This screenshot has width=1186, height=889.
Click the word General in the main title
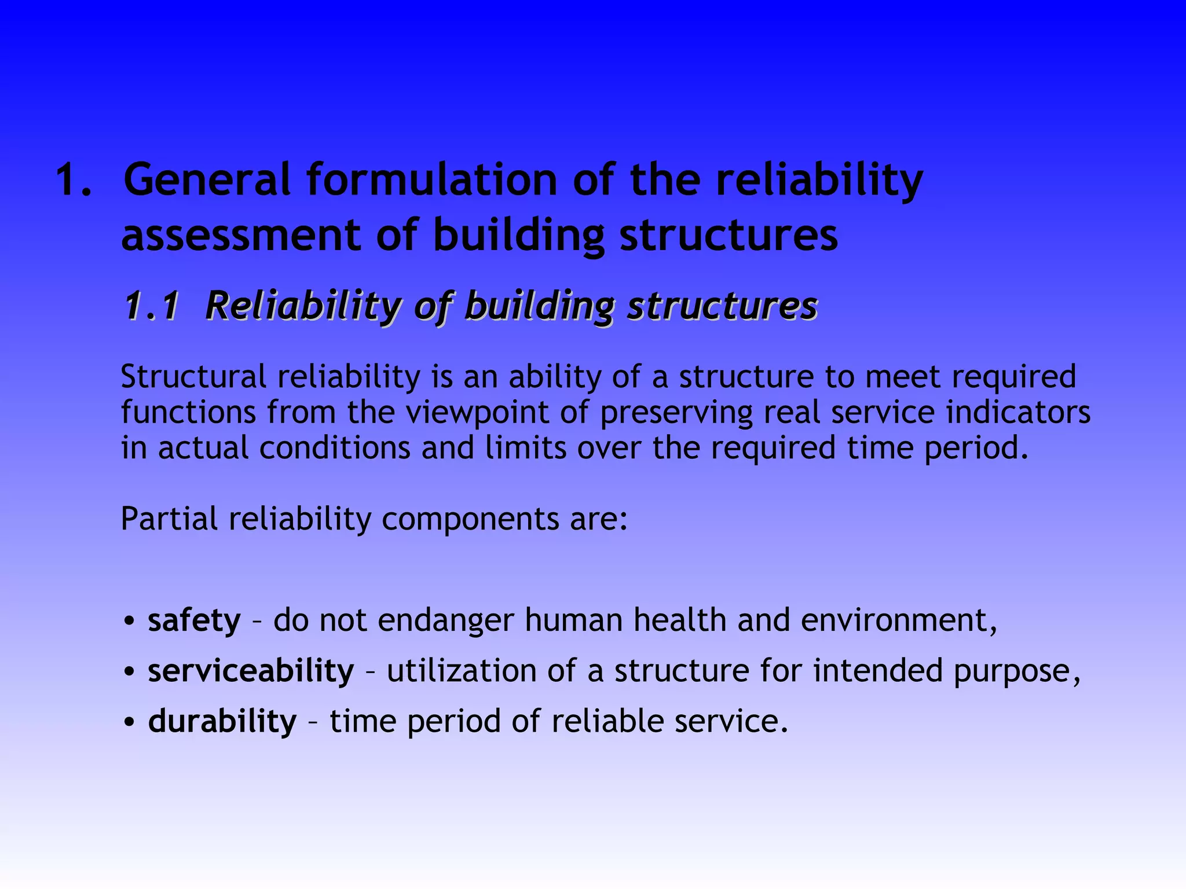(207, 180)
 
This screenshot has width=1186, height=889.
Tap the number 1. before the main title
(74, 180)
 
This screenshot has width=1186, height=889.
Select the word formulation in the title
(431, 180)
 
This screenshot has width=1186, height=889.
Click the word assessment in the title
(241, 236)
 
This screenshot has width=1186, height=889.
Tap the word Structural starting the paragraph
(193, 377)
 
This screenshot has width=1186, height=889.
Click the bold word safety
(194, 620)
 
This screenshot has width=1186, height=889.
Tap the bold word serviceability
(251, 671)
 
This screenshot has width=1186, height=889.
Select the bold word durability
(222, 722)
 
